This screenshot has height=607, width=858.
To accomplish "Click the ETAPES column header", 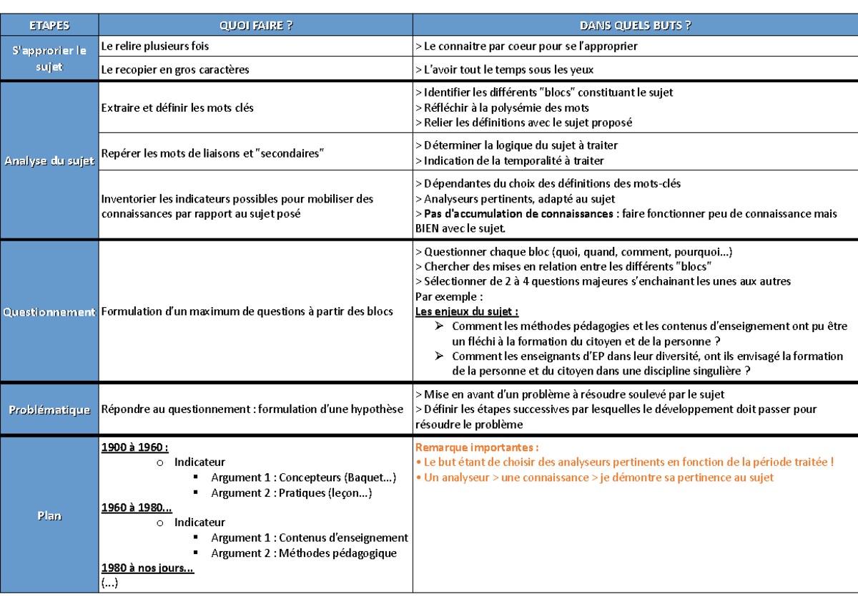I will (x=49, y=26).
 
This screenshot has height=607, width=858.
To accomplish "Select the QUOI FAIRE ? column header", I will (x=256, y=26).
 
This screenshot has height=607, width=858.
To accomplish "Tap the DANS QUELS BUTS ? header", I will (x=635, y=26).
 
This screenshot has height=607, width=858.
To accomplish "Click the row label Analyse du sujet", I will (x=49, y=161).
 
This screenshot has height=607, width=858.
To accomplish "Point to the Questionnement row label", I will (x=49, y=312).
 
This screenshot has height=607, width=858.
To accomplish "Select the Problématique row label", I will (x=49, y=409).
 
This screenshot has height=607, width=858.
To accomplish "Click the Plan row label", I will (x=49, y=515).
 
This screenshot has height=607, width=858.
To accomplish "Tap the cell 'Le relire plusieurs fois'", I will (x=155, y=46).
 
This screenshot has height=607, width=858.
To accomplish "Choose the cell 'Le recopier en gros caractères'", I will (x=175, y=69).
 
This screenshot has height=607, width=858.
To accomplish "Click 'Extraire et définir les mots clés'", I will (x=177, y=107).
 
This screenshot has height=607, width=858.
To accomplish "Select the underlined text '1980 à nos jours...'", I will (x=148, y=568).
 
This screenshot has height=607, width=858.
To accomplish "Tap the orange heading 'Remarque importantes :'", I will (x=477, y=447).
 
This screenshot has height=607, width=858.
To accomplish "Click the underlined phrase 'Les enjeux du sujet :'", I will (x=467, y=311).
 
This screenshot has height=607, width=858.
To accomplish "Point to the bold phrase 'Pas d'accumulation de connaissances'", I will (x=518, y=214).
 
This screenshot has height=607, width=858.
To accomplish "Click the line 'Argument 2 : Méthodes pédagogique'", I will (x=303, y=553).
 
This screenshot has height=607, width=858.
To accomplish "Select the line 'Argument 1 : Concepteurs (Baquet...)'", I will (x=303, y=477).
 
